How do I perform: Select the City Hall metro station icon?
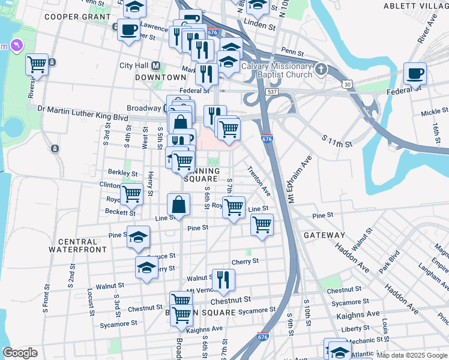pyautogui.click(x=155, y=65)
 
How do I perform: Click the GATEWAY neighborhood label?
pyautogui.click(x=324, y=235)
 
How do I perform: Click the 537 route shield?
pyautogui.click(x=273, y=92)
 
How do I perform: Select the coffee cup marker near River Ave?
pyautogui.click(x=415, y=74)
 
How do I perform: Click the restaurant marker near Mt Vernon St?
pyautogui.click(x=223, y=280)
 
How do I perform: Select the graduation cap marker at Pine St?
pyautogui.click(x=139, y=238)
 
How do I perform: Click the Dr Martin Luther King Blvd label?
pyautogui.click(x=83, y=109)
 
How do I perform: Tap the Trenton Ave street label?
pyautogui.click(x=259, y=181)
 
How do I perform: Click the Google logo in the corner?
pyautogui.click(x=20, y=353)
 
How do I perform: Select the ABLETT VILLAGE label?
pyautogui.click(x=419, y=6)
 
